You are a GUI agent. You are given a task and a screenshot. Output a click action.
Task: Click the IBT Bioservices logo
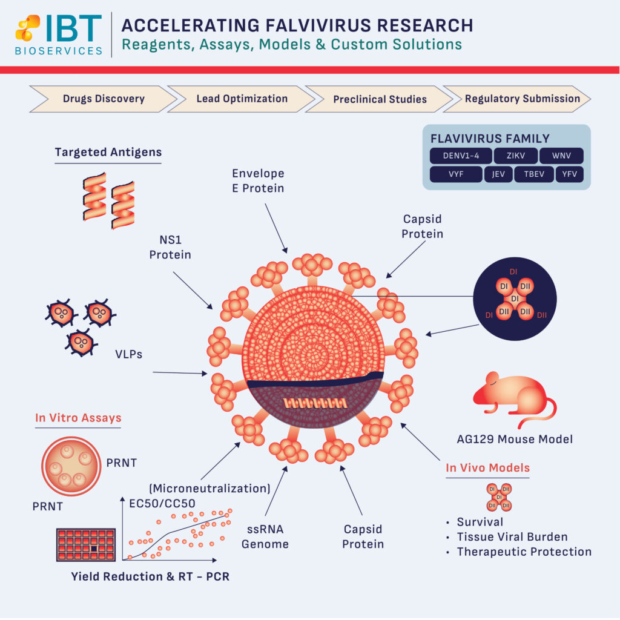[x=59, y=34]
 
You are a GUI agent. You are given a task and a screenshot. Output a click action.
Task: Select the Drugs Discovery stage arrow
[x=103, y=99]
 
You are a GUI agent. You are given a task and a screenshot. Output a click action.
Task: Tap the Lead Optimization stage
[x=242, y=99]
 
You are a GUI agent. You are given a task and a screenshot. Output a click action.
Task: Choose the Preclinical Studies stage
[x=380, y=99]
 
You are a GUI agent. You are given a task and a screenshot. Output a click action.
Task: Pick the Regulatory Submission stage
[x=522, y=99]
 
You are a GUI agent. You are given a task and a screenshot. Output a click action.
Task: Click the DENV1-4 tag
[x=461, y=156]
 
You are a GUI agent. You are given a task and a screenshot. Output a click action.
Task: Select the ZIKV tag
[x=515, y=156]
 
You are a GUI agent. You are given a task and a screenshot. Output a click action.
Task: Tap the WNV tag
[x=561, y=156]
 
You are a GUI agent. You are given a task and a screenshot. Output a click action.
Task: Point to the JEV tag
[x=498, y=175]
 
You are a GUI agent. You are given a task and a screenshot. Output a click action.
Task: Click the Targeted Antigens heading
[x=108, y=152]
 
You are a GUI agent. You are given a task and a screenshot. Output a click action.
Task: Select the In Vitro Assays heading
[x=78, y=418]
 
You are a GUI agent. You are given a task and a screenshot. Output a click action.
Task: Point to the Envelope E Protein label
[x=258, y=180]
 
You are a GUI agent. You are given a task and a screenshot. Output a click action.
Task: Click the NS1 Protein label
[x=170, y=247]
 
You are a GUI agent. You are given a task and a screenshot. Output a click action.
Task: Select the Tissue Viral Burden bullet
[x=512, y=536]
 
